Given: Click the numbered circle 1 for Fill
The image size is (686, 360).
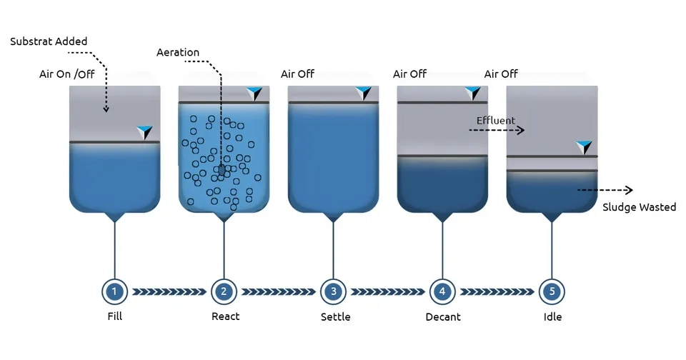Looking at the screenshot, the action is coord(114,291).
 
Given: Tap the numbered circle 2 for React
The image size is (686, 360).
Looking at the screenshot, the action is coord(224,291).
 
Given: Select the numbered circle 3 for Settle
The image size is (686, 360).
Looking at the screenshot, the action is coord(334,291).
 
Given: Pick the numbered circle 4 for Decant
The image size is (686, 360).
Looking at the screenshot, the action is coord(442,291).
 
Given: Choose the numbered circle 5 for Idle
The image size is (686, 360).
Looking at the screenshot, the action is coord(552,291).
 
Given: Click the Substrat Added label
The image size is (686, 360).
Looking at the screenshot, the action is coord(49,41).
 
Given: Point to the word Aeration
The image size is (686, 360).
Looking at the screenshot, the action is coord(178,52).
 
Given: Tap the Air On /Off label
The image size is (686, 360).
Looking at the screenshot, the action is coord(67,74).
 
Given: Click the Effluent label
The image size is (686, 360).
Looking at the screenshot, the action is coord(496,120).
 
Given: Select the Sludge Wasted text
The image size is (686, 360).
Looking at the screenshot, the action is coord(639,207).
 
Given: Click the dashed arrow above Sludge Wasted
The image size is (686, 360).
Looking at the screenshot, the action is coord(605,190).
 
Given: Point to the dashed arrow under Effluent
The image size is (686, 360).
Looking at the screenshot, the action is coord(497,130).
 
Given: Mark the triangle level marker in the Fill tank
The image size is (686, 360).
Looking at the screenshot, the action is coord(144,133).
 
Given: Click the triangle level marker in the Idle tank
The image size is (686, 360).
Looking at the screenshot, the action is coord(584,147).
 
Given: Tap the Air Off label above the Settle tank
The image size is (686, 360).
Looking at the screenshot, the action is coord(297,74).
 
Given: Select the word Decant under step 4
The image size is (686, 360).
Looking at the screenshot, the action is coord(443,316).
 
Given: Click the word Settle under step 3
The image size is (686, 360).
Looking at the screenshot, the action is coord(336,316).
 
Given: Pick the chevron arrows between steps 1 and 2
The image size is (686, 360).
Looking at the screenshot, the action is coord(169,291).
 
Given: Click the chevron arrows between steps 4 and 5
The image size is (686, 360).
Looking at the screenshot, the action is coord(497,291).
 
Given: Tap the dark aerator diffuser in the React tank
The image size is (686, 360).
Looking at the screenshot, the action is coord(222,169).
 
